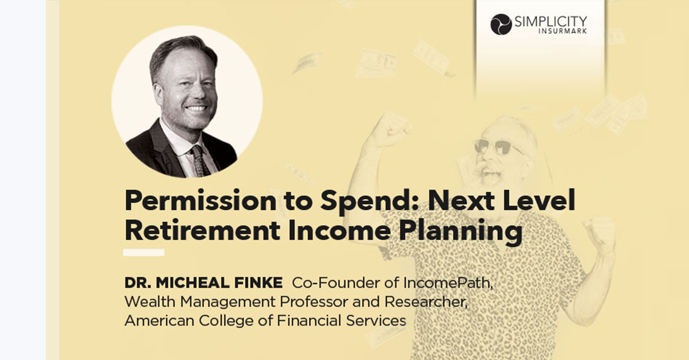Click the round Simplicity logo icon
501,24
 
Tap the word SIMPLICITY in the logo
551,22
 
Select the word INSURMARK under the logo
563,31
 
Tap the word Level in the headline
539,200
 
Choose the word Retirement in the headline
202,231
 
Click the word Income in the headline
339,231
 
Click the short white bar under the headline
144,253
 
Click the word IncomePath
448,283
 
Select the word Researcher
426,302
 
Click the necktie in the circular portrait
200,161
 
